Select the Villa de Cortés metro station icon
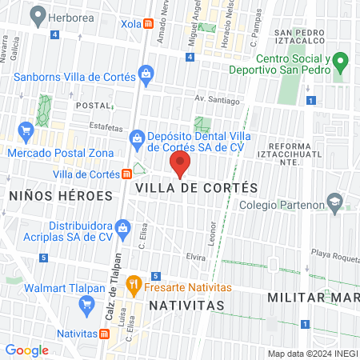pos(126,174)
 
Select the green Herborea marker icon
pos(37,15)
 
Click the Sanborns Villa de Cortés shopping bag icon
pos(146,76)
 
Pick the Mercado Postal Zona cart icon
pos(26,129)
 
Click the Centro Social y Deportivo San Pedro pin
pos(340,62)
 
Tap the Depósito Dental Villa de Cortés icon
pos(138,139)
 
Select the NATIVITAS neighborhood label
pos(185,306)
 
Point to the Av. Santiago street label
pos(217,100)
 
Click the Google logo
pos(26,350)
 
